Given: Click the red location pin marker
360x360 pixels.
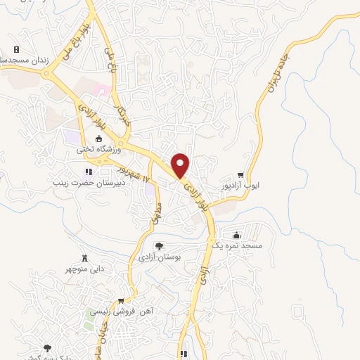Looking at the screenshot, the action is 181,165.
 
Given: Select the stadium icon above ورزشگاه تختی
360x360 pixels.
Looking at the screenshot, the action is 97,138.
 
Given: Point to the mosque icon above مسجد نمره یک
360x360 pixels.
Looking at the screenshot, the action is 236,235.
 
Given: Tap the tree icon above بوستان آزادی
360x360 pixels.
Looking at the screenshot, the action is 159,246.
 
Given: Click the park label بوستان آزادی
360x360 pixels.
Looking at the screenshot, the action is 159,258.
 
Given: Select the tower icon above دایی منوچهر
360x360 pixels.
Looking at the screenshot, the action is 85,257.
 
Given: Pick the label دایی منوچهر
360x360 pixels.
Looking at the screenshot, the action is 85,269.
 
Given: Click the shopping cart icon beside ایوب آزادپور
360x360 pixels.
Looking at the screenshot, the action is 240,175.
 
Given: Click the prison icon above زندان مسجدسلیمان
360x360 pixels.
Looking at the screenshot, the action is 16,49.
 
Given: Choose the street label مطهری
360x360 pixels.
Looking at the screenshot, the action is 156,214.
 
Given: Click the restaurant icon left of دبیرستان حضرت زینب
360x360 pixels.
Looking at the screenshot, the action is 88,171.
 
